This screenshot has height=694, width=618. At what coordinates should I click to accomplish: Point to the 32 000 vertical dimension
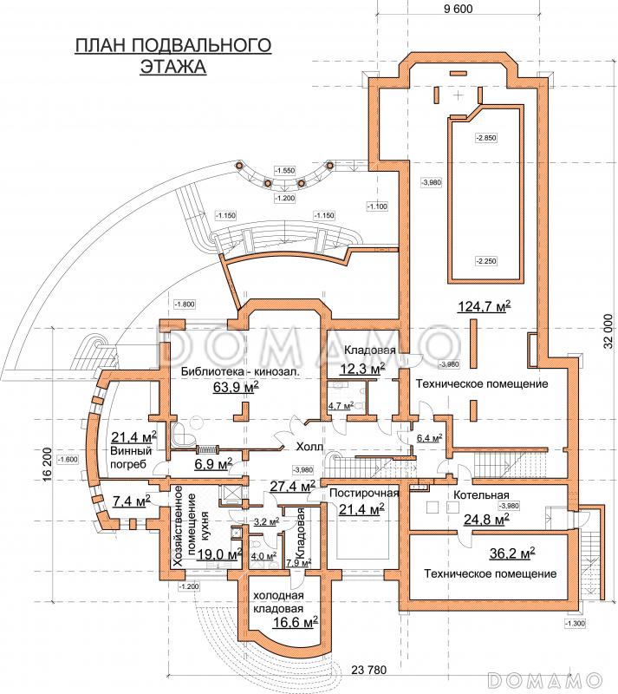pos(607,332)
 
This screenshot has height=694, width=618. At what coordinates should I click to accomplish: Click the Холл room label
pos(309,448)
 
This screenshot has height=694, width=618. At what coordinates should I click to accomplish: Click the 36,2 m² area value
pos(512,552)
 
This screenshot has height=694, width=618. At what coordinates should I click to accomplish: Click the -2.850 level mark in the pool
pos(485,138)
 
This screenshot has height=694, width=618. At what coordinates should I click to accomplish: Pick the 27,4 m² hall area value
pos(290,487)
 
